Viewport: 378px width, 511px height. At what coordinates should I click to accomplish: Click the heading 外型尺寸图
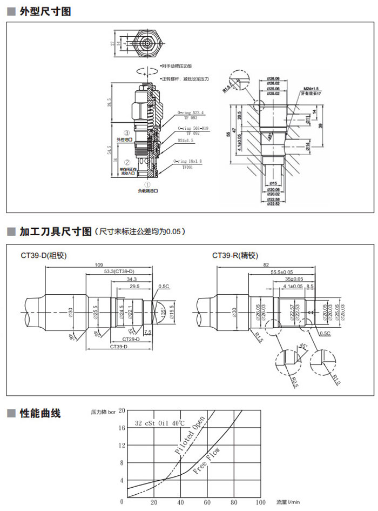click(x=45, y=11)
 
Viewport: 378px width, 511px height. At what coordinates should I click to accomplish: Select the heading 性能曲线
click(x=40, y=414)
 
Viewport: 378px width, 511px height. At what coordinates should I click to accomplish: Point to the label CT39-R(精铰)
click(x=235, y=255)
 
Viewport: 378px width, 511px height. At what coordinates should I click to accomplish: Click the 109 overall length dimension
click(x=99, y=265)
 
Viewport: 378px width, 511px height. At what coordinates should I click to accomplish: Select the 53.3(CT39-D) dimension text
click(x=119, y=271)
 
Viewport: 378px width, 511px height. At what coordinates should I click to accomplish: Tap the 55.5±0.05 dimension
click(x=282, y=272)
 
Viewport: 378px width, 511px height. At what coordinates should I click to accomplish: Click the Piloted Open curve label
click(x=190, y=436)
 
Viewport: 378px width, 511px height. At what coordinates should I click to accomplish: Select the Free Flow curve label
click(x=206, y=461)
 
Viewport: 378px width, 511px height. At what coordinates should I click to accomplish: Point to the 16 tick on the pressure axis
click(x=122, y=428)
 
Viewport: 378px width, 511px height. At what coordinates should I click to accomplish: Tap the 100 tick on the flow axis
click(x=260, y=502)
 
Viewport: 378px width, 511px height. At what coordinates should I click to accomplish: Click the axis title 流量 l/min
click(x=289, y=502)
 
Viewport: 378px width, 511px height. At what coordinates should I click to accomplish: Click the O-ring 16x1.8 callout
click(x=187, y=161)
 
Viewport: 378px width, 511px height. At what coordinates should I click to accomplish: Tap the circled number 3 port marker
click(x=127, y=132)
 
